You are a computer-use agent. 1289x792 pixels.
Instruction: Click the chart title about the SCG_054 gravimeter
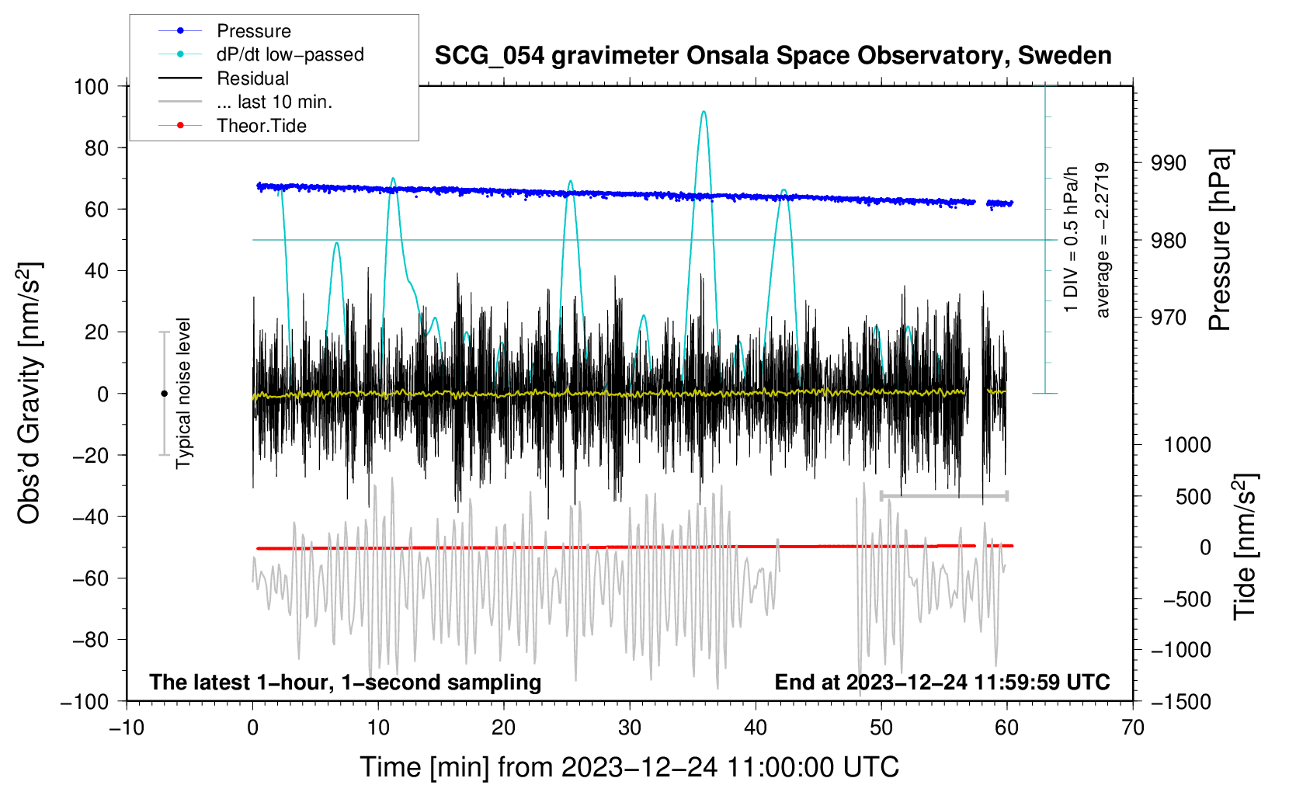773,56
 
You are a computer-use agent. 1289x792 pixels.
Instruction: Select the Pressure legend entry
253,31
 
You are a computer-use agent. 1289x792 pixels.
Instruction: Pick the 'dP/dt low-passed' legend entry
290,54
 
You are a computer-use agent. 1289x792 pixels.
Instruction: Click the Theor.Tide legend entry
261,126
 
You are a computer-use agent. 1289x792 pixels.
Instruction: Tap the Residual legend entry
252,78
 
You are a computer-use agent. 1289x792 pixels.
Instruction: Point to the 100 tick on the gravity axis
91,86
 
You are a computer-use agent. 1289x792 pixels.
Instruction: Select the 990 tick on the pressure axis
1168,163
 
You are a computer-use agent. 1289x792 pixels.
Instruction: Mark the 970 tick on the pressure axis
1168,318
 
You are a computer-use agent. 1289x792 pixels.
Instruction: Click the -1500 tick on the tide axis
1180,701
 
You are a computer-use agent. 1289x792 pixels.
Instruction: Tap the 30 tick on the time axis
630,728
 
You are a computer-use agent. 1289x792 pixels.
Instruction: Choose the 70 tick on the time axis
1133,728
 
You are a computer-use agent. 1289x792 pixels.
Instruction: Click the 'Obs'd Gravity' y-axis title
30,394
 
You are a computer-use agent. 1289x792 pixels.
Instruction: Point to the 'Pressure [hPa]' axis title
1221,241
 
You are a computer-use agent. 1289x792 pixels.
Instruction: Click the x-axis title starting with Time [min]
629,767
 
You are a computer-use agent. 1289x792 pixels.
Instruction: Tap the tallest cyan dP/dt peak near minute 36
704,112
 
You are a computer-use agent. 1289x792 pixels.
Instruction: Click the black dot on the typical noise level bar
164,394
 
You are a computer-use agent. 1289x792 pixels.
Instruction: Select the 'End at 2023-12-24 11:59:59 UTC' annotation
942,683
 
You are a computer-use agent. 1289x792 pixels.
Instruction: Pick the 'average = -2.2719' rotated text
1102,241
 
